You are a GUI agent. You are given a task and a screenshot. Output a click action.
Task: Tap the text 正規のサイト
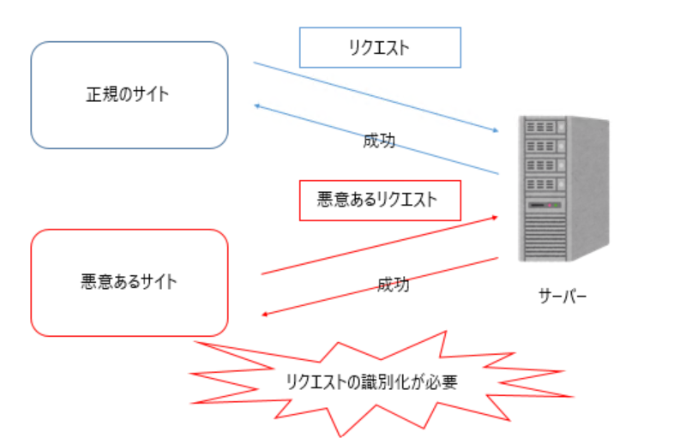pyautogui.click(x=128, y=94)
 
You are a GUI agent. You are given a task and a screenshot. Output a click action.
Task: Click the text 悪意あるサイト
pyautogui.click(x=129, y=281)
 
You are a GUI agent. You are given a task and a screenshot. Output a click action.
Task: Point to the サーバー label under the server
pyautogui.click(x=563, y=297)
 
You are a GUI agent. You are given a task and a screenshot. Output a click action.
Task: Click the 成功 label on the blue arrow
pyautogui.click(x=379, y=141)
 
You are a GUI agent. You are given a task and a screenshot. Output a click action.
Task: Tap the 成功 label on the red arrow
pyautogui.click(x=394, y=285)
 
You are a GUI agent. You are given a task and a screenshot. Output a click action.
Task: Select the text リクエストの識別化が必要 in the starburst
pyautogui.click(x=371, y=382)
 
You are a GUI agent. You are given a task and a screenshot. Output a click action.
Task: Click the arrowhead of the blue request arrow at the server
pyautogui.click(x=496, y=130)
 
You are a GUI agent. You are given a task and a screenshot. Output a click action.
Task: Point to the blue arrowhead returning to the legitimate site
pyautogui.click(x=256, y=105)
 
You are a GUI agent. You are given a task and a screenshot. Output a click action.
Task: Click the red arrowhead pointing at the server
pyautogui.click(x=495, y=217)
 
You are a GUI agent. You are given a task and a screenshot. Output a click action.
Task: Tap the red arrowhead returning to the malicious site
pyautogui.click(x=265, y=315)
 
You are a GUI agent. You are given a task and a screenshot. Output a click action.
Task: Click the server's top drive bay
pyautogui.click(x=545, y=127)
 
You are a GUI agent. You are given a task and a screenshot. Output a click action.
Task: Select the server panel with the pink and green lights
pyautogui.click(x=545, y=205)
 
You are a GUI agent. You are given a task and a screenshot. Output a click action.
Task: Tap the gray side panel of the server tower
pyautogui.click(x=588, y=189)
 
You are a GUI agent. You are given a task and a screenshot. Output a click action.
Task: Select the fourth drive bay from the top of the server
pyautogui.click(x=545, y=184)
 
